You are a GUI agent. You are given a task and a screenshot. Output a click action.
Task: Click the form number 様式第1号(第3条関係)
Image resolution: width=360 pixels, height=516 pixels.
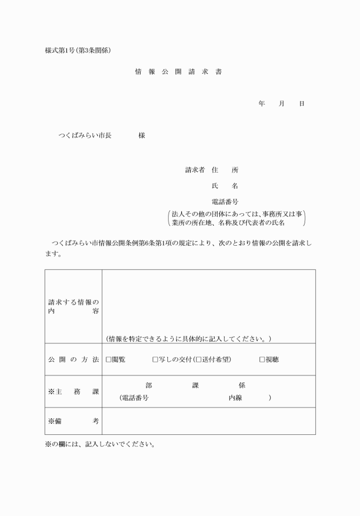click(x=78, y=50)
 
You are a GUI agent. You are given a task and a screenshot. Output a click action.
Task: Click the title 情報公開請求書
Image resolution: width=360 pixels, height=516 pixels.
click(x=178, y=73)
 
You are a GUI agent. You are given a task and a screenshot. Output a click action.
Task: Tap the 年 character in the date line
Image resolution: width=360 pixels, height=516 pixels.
click(x=262, y=104)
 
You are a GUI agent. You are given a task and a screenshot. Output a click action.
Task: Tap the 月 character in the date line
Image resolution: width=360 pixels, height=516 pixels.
click(x=281, y=104)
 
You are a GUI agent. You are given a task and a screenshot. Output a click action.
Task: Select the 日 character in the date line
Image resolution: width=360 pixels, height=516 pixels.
click(x=301, y=104)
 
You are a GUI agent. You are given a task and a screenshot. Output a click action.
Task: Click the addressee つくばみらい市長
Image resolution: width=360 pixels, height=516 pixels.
click(x=85, y=136)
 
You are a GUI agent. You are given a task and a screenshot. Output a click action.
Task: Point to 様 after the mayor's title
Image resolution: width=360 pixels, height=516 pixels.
click(x=141, y=136)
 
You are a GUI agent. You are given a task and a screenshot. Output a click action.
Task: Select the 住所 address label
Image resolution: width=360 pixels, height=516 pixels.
click(x=225, y=170)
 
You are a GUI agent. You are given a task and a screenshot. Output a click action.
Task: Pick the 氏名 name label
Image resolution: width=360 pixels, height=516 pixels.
click(x=225, y=186)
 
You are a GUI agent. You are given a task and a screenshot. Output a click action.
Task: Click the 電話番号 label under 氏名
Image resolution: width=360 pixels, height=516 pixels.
click(x=225, y=202)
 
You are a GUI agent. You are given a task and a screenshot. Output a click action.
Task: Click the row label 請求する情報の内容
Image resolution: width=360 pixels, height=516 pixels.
click(x=73, y=306)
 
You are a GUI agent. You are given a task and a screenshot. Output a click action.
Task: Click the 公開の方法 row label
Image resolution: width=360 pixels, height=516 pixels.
click(x=73, y=359)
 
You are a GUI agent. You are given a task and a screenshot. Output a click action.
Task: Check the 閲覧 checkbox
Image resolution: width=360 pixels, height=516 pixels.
click(x=109, y=359)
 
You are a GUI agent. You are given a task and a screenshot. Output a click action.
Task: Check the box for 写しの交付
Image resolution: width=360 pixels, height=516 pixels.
click(x=155, y=359)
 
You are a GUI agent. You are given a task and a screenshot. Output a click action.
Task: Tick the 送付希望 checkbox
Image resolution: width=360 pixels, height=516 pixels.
click(x=199, y=359)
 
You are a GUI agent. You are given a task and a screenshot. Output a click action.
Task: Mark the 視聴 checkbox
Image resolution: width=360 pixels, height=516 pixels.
click(x=262, y=359)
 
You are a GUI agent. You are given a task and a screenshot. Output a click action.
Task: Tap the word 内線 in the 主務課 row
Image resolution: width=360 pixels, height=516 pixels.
click(x=235, y=398)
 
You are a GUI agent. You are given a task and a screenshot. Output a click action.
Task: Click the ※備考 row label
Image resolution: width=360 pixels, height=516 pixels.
click(x=73, y=421)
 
